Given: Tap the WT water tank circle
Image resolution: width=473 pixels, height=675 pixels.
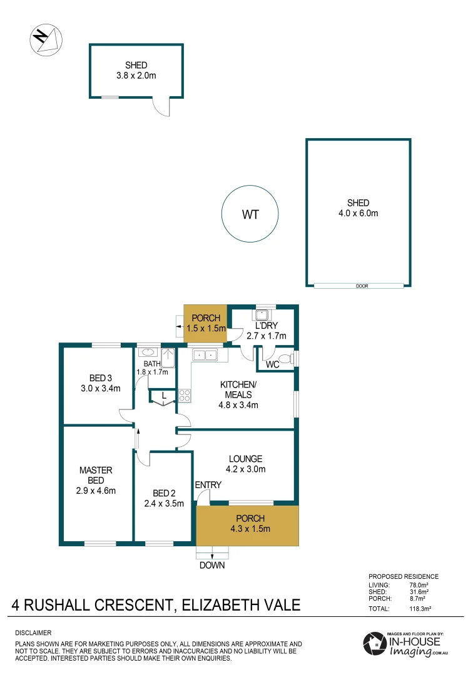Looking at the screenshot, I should click(250, 214).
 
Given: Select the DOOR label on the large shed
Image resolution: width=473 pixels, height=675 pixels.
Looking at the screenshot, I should click(361, 286).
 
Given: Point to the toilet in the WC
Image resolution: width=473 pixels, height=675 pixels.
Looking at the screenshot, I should click(285, 359).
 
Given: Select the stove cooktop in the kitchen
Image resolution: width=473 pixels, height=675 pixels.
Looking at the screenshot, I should click(185, 395).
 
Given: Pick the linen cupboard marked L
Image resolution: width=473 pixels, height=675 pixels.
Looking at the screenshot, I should click(163, 396).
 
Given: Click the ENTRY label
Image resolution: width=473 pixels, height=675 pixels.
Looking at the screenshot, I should click(208, 485).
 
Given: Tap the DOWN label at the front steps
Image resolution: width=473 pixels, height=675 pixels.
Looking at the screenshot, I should click(212, 566).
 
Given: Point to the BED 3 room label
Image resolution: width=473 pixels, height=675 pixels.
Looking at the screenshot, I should click(101, 377).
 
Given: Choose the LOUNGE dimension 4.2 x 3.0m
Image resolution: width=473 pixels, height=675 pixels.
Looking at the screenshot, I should click(245, 469).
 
